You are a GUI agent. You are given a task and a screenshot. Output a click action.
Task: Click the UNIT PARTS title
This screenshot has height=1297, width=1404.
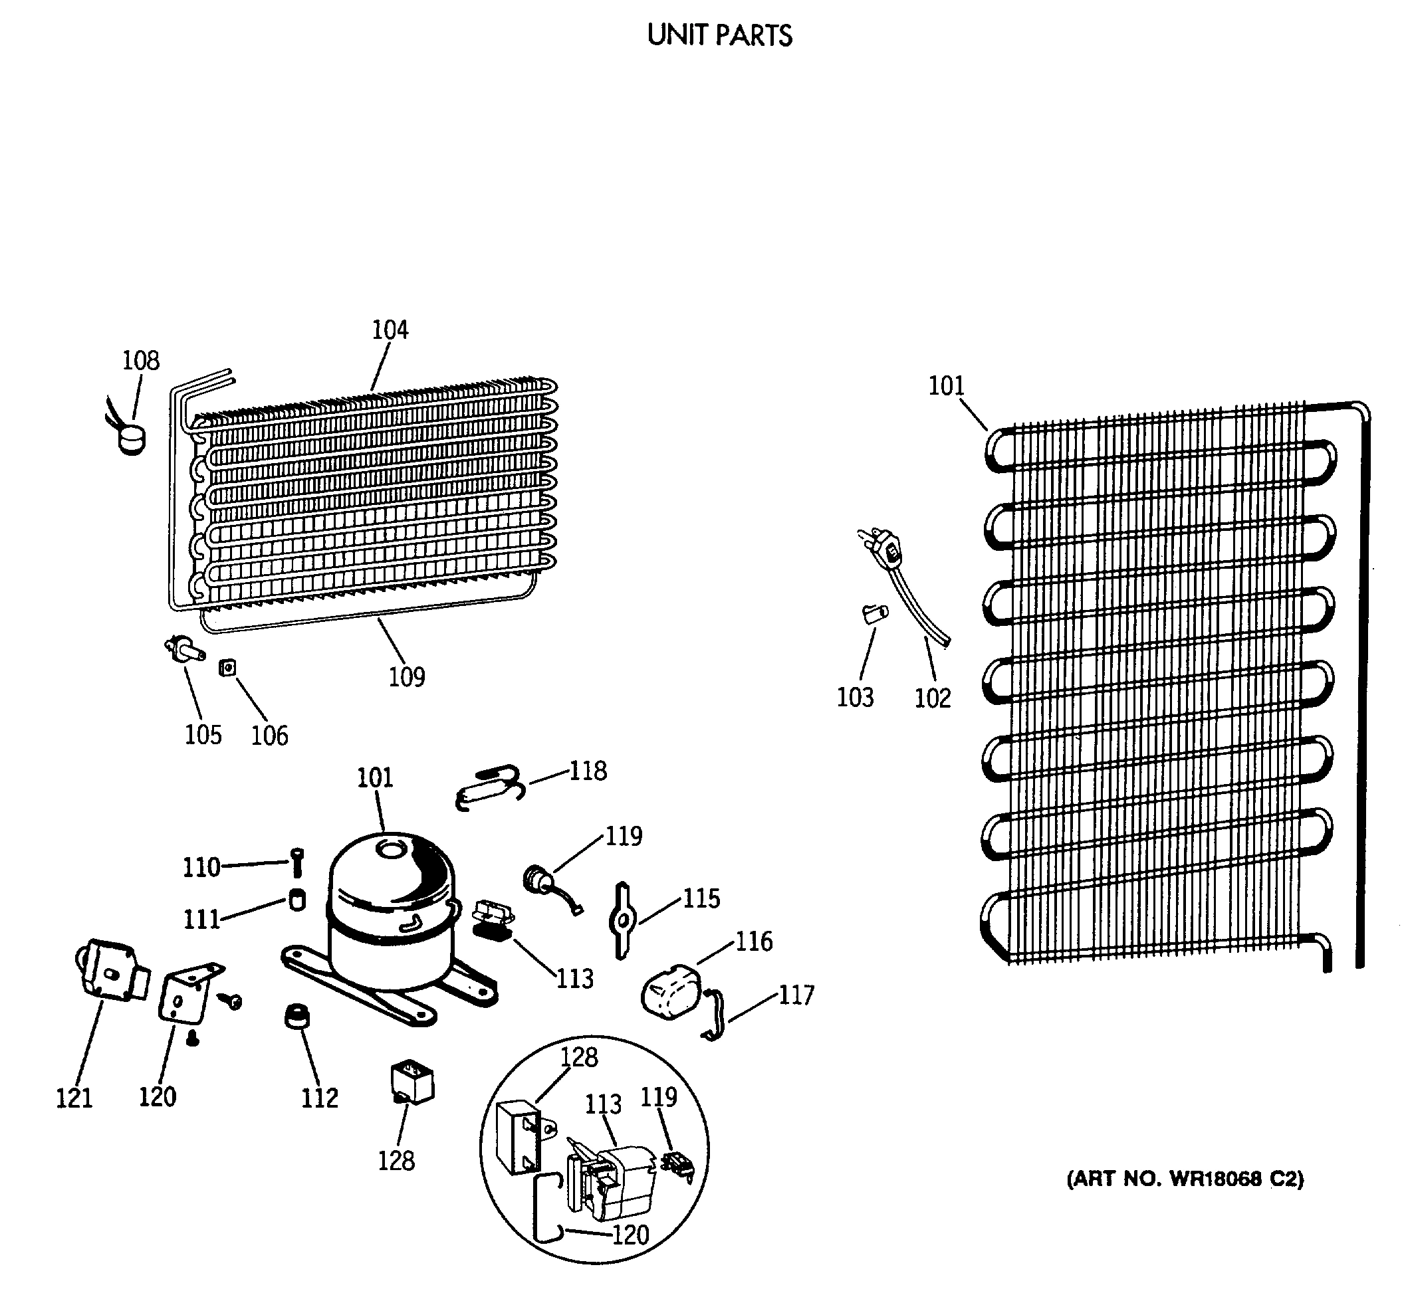[x=719, y=35]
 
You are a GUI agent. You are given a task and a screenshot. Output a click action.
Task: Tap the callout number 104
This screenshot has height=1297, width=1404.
[x=390, y=330]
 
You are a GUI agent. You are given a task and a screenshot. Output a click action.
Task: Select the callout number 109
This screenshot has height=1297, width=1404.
[x=407, y=677]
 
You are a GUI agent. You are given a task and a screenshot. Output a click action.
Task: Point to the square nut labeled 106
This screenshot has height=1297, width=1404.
[x=227, y=668]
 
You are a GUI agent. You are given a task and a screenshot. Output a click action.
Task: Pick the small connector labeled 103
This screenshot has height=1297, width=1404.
[x=875, y=613]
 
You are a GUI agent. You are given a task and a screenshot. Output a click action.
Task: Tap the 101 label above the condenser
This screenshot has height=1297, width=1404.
[x=946, y=386]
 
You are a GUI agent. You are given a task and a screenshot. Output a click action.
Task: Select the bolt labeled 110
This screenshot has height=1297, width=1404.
[x=297, y=862]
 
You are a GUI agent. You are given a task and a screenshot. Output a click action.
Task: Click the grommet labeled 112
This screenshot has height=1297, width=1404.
[x=299, y=1016]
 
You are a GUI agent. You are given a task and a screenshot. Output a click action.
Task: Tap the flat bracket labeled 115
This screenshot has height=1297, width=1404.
[x=623, y=920]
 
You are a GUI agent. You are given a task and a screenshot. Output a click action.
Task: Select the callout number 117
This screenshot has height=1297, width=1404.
[x=796, y=995]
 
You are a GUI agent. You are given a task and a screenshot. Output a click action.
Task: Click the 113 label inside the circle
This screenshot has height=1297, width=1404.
[x=603, y=1105]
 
